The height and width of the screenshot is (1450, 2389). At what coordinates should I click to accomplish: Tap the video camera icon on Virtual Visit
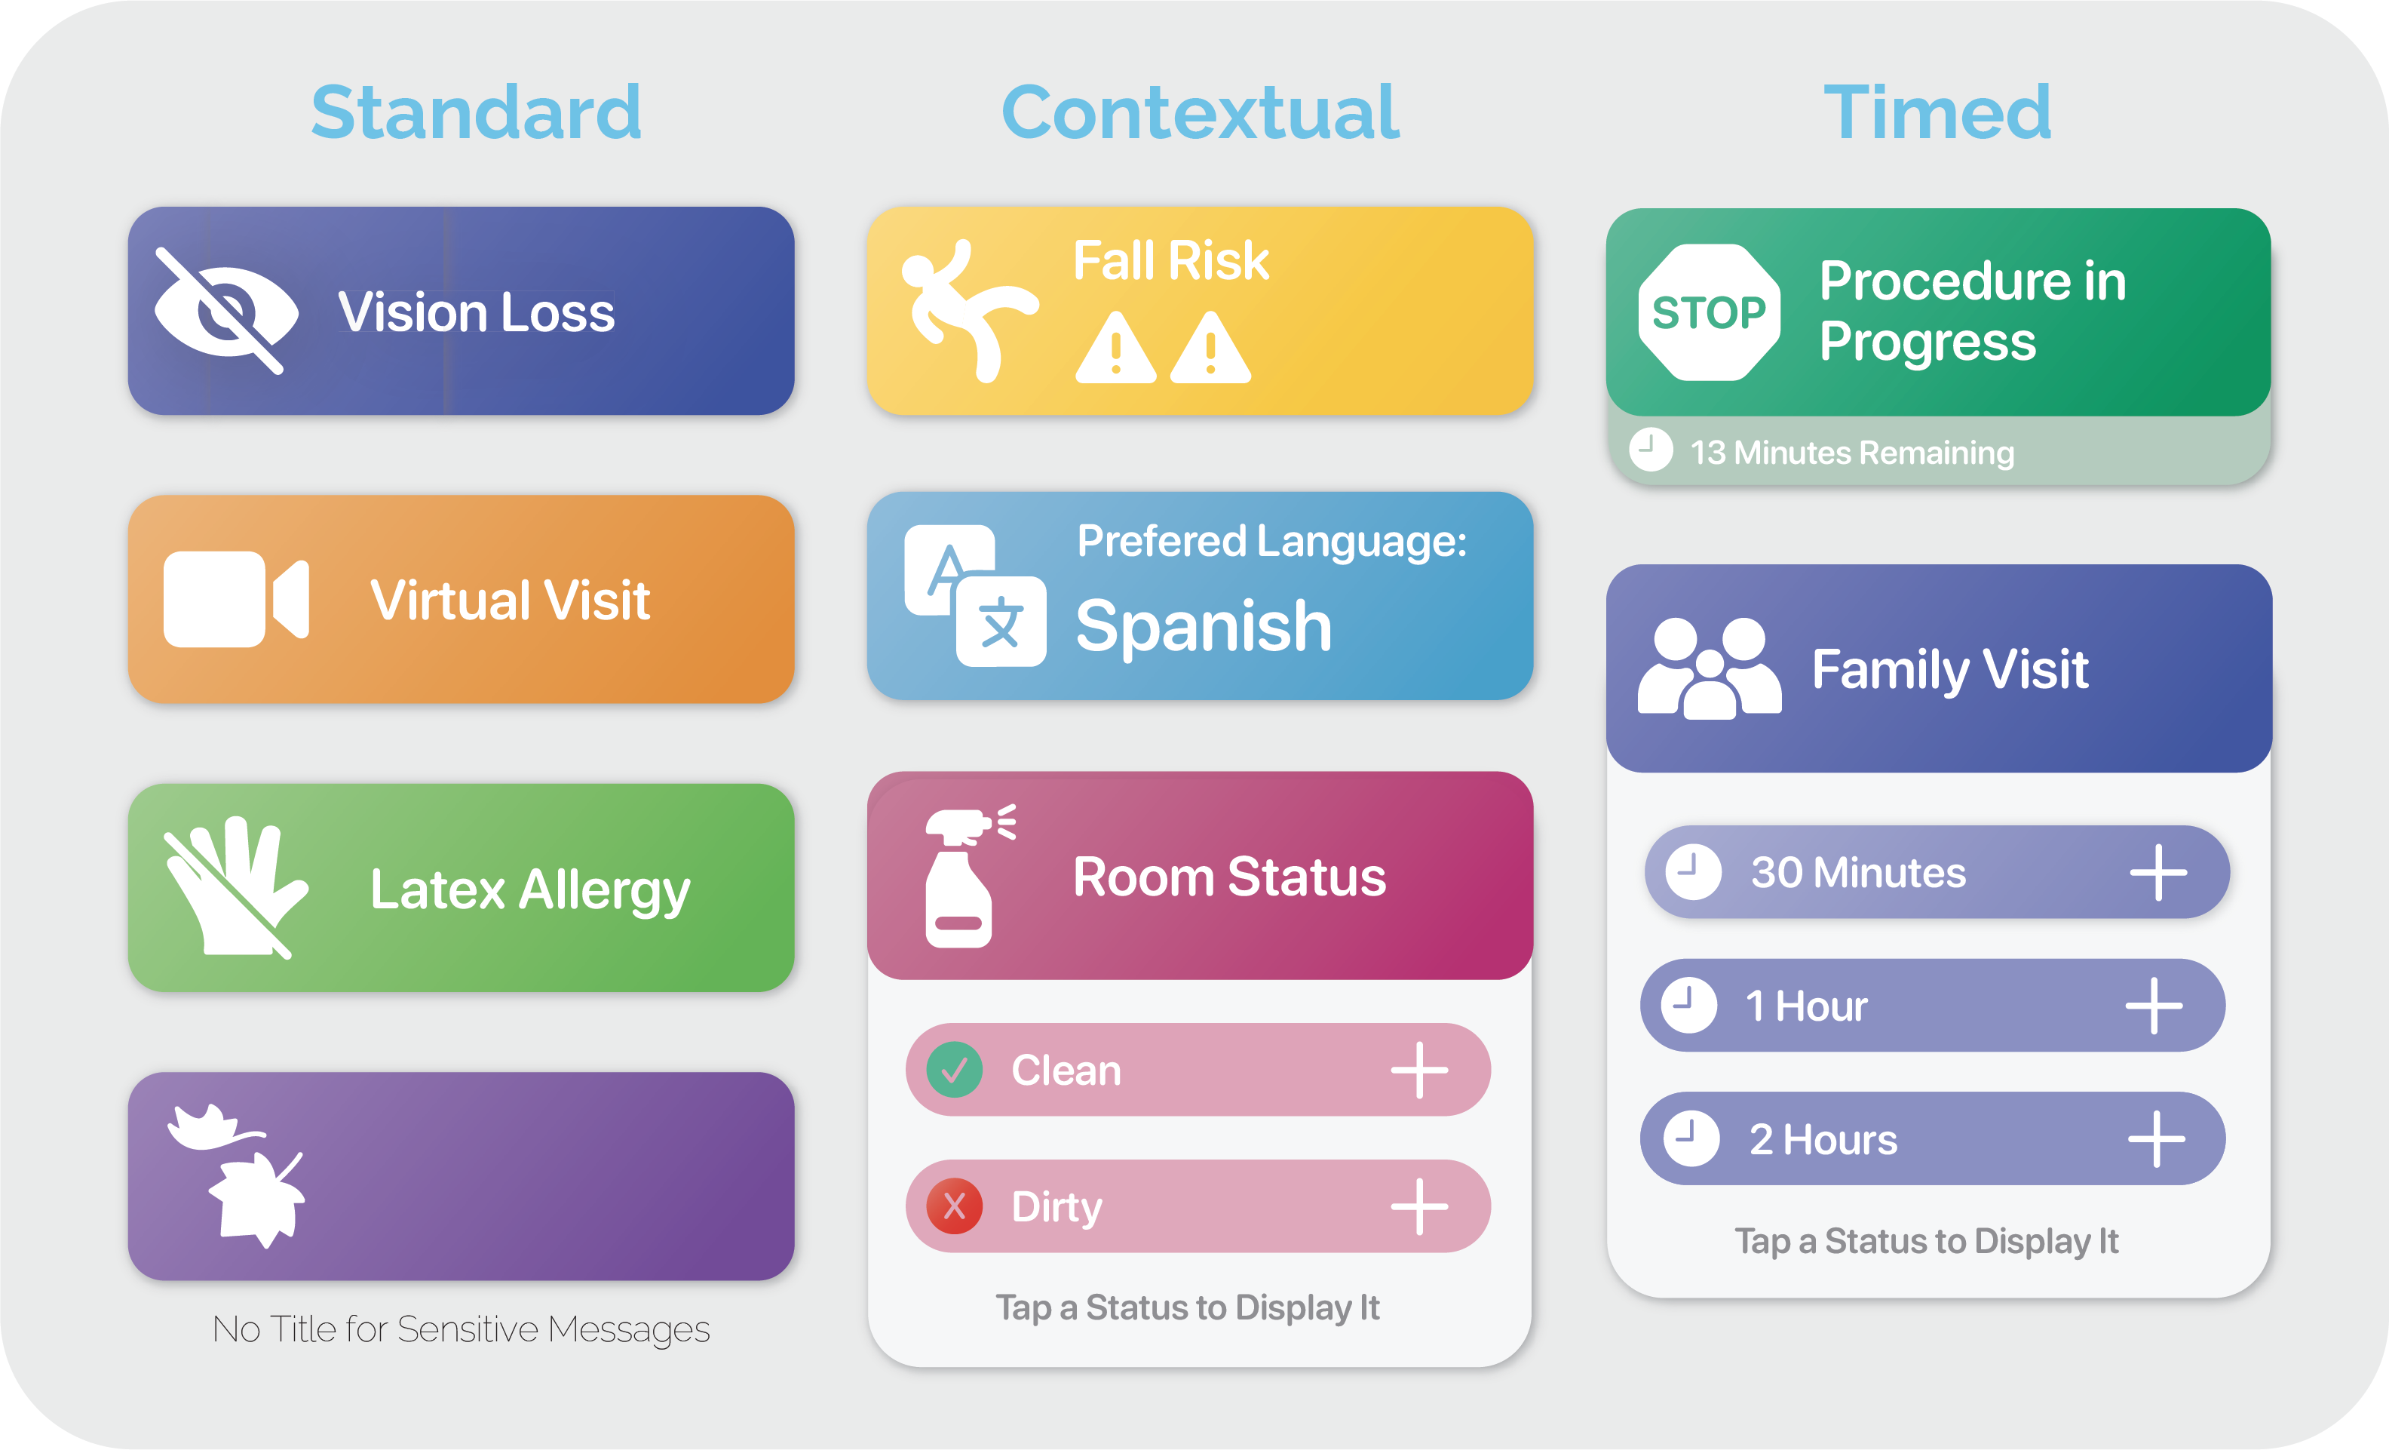pyautogui.click(x=235, y=598)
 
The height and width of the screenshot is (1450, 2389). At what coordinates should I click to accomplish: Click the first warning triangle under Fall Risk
pyautogui.click(x=1115, y=349)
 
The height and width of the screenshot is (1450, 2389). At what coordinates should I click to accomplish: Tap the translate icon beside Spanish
pyautogui.click(x=975, y=595)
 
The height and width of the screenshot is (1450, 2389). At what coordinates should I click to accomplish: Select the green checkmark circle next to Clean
pyautogui.click(x=954, y=1070)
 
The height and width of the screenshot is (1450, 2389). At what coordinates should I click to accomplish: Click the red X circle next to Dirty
pyautogui.click(x=954, y=1206)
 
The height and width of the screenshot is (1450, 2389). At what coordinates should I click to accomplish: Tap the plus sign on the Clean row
pyautogui.click(x=1419, y=1070)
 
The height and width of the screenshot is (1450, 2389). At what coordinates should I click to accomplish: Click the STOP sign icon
pyautogui.click(x=1708, y=312)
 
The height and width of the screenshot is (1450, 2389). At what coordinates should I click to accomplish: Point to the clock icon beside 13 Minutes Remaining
pyautogui.click(x=1650, y=450)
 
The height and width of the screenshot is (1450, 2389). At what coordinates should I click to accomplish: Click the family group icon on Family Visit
pyautogui.click(x=1708, y=668)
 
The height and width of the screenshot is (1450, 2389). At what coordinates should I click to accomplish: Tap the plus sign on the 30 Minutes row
pyautogui.click(x=2158, y=872)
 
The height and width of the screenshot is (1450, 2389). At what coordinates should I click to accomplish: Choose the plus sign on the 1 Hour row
pyautogui.click(x=2154, y=1006)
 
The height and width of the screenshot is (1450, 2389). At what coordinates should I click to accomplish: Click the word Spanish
pyautogui.click(x=1204, y=627)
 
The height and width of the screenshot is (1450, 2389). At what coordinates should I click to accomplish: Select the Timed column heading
pyautogui.click(x=1937, y=112)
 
